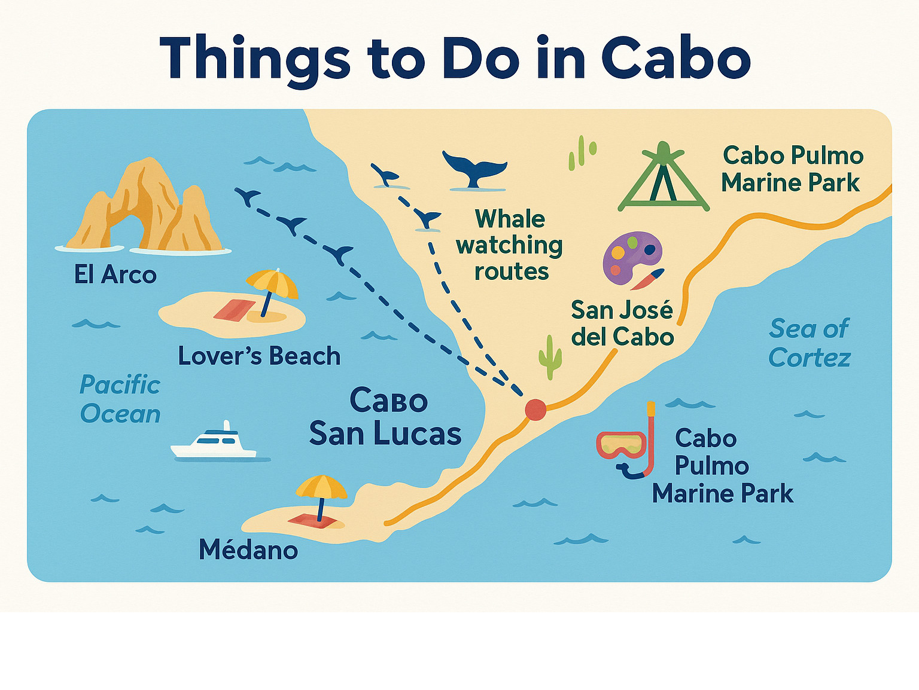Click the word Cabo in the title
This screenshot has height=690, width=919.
point(676,59)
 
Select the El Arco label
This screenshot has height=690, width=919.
point(115,275)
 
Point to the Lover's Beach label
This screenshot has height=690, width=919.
point(259,356)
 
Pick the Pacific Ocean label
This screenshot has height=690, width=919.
point(120,399)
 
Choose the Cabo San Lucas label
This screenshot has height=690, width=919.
point(386,417)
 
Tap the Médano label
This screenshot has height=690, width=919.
point(248,549)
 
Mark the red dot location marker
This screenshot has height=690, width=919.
point(535,410)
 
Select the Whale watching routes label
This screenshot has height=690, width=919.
point(509,245)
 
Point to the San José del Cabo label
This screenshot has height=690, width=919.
point(622,323)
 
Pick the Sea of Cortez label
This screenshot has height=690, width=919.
point(810,343)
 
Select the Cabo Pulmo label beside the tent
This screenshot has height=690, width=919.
point(792,169)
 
